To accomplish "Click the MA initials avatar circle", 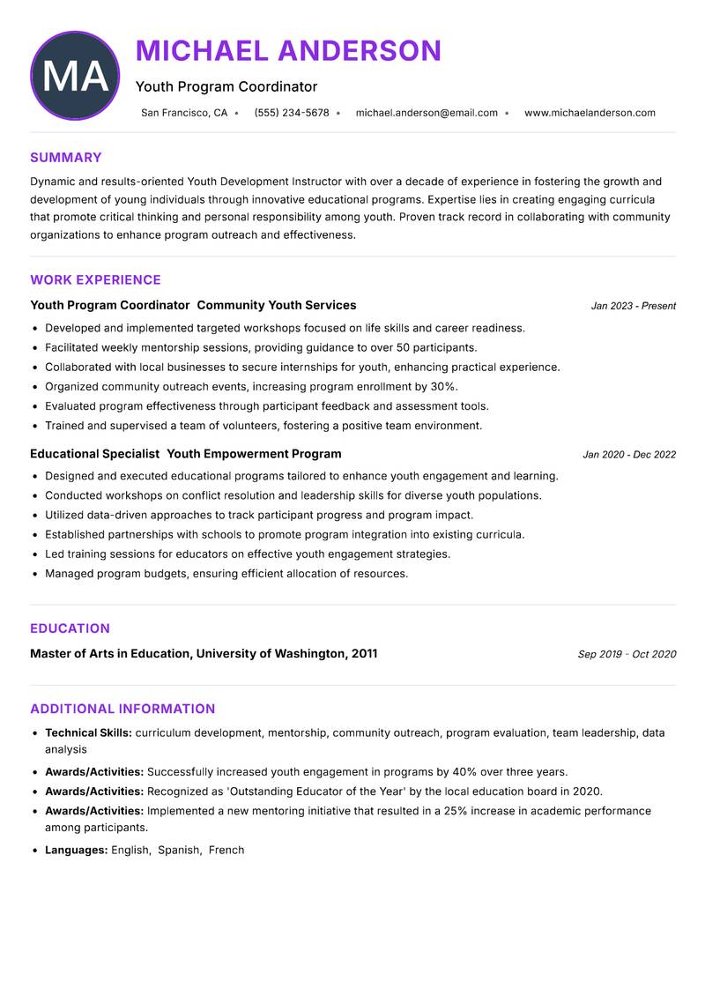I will [x=75, y=76].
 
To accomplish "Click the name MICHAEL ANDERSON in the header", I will [x=288, y=51].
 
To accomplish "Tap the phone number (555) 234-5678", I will [x=292, y=113].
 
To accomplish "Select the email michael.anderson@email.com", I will [x=427, y=113].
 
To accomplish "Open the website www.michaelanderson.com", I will [x=590, y=113].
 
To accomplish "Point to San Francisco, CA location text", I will [x=184, y=113].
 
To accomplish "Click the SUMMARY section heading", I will [x=66, y=158].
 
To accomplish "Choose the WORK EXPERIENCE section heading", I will [x=95, y=280].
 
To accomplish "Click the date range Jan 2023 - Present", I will [x=633, y=306].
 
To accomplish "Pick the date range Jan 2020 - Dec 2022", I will [x=629, y=455].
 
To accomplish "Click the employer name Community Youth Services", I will [x=277, y=305].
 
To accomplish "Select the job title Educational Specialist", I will [x=94, y=454].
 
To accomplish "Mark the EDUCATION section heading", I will [x=70, y=628].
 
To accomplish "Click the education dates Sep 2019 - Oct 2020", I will [x=627, y=654].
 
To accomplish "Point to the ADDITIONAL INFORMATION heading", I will [x=122, y=709].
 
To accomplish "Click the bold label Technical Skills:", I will [x=88, y=732].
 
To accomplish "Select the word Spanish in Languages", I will [x=179, y=851].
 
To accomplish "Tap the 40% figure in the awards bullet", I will [x=464, y=772].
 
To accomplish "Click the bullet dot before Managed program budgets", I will [x=35, y=574].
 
